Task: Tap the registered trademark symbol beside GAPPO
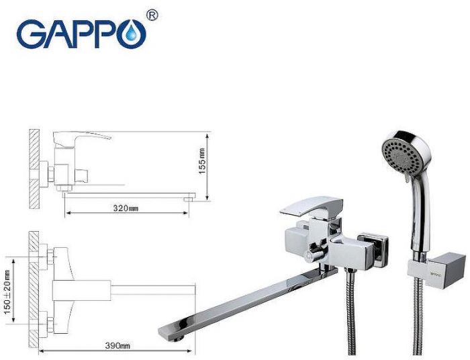(152, 15)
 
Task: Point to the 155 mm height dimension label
(203, 161)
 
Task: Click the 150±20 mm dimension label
(8, 275)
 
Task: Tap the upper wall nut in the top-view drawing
(49, 257)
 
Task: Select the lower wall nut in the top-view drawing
(49, 317)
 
